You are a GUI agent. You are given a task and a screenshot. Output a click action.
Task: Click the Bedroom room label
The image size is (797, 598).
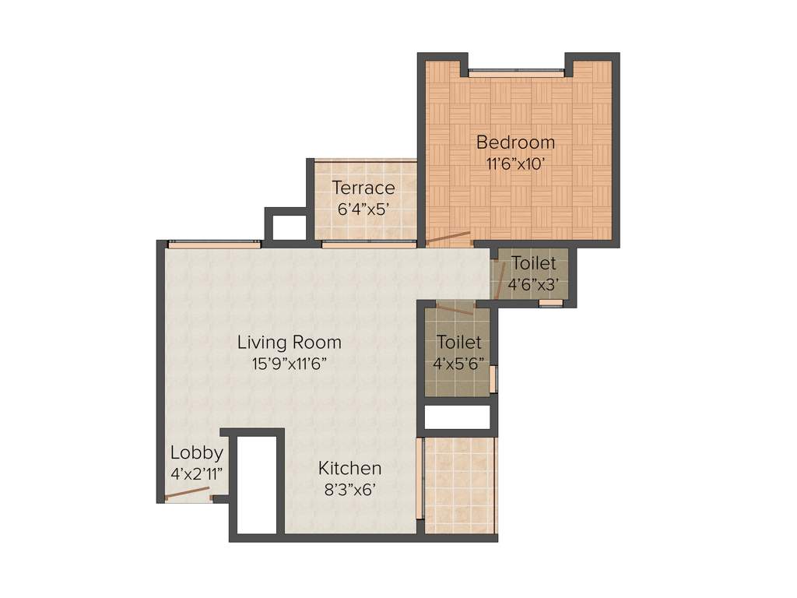pyautogui.click(x=515, y=142)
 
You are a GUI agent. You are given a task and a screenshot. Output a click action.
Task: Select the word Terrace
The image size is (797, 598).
pyautogui.click(x=363, y=188)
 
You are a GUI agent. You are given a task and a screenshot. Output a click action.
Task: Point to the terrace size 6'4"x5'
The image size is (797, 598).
pyautogui.click(x=363, y=209)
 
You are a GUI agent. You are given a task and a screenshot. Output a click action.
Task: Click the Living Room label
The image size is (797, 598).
pyautogui.click(x=289, y=342)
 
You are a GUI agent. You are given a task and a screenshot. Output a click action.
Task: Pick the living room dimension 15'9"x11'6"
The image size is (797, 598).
pyautogui.click(x=289, y=363)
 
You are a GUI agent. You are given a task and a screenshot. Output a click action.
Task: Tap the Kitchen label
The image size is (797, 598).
pyautogui.click(x=349, y=468)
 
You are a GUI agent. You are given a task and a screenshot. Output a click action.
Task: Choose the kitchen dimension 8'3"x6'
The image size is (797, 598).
pyautogui.click(x=349, y=490)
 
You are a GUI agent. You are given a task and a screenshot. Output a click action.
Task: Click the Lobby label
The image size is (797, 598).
pyautogui.click(x=197, y=452)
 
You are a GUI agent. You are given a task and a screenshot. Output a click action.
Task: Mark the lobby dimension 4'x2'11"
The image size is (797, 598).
pyautogui.click(x=197, y=473)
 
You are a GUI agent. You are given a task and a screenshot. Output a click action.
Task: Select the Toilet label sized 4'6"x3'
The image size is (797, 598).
pyautogui.click(x=533, y=263)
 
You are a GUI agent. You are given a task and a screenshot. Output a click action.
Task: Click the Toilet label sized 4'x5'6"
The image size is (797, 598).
pyautogui.click(x=458, y=342)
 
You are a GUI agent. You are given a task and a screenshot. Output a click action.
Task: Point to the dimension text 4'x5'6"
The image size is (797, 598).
pyautogui.click(x=458, y=363)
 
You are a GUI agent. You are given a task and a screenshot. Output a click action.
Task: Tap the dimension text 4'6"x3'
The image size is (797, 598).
pyautogui.click(x=533, y=284)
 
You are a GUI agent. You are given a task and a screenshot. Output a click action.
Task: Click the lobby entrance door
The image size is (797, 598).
pyautogui.click(x=188, y=493)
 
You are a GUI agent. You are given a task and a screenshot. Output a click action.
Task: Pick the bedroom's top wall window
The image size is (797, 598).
pyautogui.click(x=515, y=73)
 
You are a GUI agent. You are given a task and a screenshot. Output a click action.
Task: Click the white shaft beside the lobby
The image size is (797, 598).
pyautogui.click(x=257, y=485)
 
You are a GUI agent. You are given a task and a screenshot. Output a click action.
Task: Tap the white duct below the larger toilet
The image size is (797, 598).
pyautogui.click(x=457, y=417)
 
